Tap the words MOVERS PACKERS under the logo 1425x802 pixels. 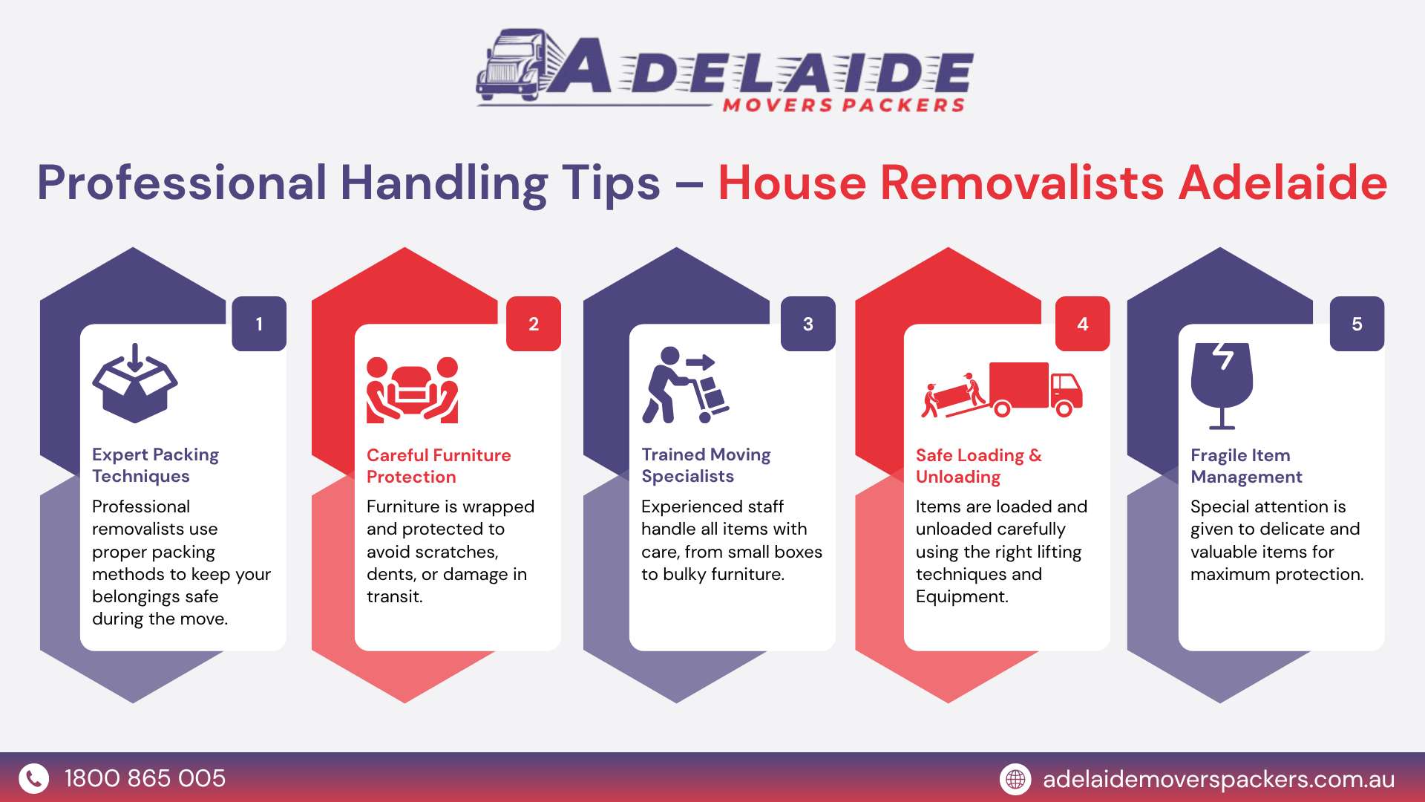point(844,105)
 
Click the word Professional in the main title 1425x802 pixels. point(182,183)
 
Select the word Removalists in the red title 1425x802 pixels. point(1022,183)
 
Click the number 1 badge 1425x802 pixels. point(259,324)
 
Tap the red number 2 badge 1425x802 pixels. point(534,324)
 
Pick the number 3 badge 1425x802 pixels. point(808,324)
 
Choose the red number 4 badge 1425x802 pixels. point(1083,324)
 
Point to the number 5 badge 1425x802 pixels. point(1357,324)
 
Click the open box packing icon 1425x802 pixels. point(134,383)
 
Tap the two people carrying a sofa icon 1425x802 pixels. point(413,390)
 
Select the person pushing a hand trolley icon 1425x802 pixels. point(685,385)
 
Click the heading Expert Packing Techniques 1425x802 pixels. point(156,465)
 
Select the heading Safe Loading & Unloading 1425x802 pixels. point(979,466)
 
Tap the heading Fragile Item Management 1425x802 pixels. point(1246,466)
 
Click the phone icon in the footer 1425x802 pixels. point(33,778)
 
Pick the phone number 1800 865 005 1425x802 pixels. point(145,778)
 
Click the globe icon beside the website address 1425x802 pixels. point(1015,779)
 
